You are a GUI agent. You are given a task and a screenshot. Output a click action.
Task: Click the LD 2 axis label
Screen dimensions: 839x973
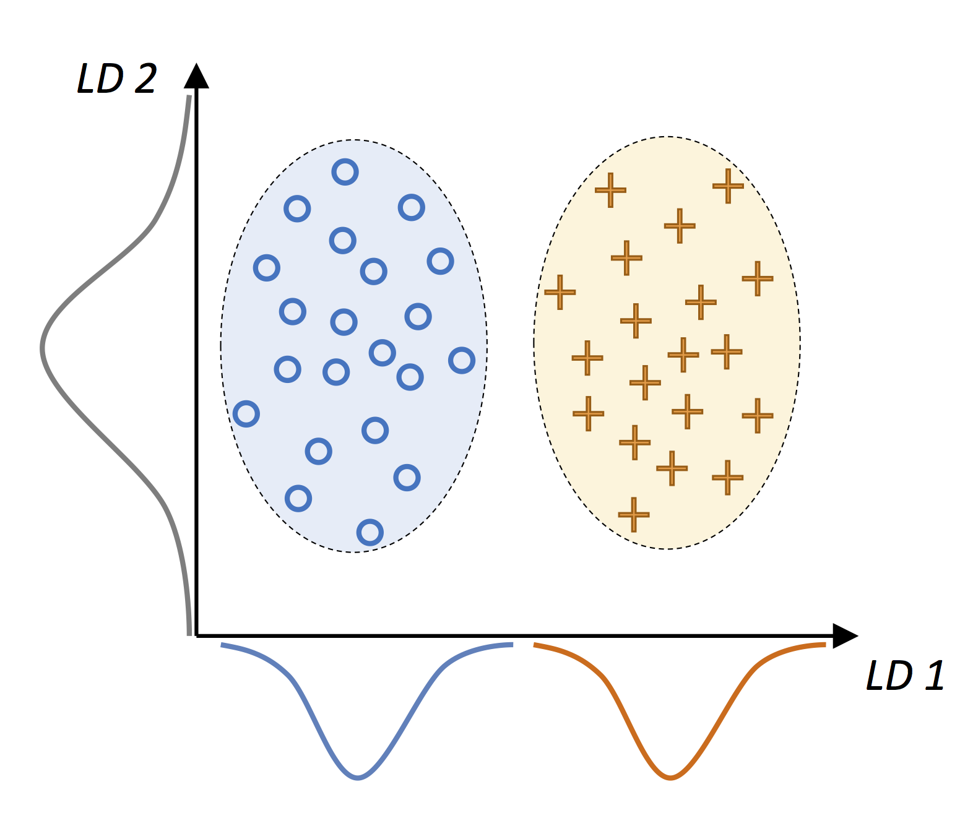coord(116,79)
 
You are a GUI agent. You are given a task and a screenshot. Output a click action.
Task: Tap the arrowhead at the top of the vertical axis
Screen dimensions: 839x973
coord(196,75)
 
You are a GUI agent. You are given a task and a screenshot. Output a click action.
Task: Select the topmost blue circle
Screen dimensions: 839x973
coord(345,171)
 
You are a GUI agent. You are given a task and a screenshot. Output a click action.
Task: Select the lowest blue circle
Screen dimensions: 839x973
coord(370,532)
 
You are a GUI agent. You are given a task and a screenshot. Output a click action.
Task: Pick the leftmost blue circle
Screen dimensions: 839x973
coord(246,413)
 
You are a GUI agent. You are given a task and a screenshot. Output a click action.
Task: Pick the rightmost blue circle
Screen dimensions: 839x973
coord(461,360)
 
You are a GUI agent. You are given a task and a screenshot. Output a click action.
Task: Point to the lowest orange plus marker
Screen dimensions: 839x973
coord(633,514)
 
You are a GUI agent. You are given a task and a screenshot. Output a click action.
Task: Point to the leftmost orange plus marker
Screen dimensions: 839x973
coord(560,292)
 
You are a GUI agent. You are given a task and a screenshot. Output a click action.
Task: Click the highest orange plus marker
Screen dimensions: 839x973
coord(728,185)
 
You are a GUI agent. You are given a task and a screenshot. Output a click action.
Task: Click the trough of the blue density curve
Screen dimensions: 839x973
coord(357,778)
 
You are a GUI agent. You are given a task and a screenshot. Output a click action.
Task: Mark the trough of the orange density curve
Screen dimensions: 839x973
coord(670,778)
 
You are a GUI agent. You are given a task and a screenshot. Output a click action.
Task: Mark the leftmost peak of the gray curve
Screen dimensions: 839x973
coord(42,348)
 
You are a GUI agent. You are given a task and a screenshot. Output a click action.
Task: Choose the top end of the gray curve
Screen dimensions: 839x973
coord(189,96)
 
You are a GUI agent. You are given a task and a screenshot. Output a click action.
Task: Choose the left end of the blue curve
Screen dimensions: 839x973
coord(222,645)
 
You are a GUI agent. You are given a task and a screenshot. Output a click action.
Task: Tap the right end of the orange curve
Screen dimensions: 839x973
coord(824,645)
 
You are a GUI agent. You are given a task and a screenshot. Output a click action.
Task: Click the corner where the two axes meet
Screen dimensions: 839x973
coord(196,635)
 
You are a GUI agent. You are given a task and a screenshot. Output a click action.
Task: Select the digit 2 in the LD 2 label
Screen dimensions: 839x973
coord(145,79)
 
